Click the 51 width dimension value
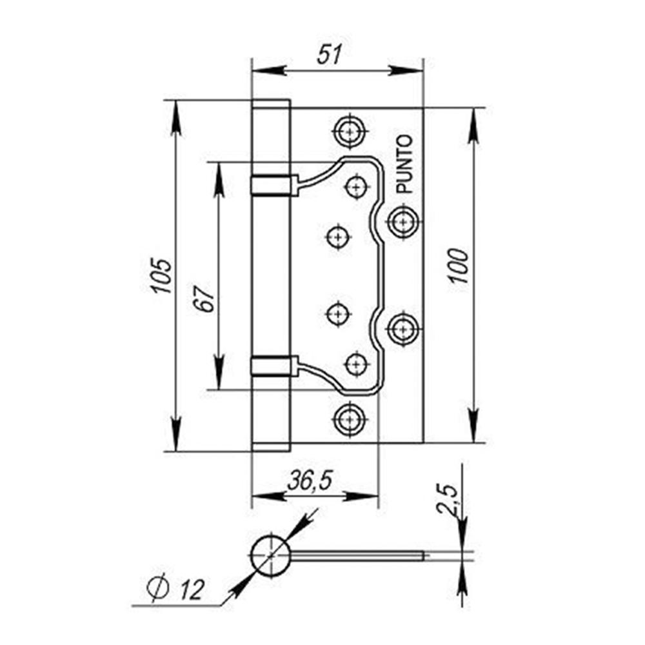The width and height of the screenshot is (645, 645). pos(329,54)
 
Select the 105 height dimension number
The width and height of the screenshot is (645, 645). pos(161,275)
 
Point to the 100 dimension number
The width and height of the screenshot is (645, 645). pos(458,266)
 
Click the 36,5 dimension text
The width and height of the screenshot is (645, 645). pos(310,481)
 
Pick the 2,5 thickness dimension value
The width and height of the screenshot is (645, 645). pos(446,499)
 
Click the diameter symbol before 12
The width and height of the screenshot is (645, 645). pos(158,587)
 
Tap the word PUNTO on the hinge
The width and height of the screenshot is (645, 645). pos(404,164)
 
